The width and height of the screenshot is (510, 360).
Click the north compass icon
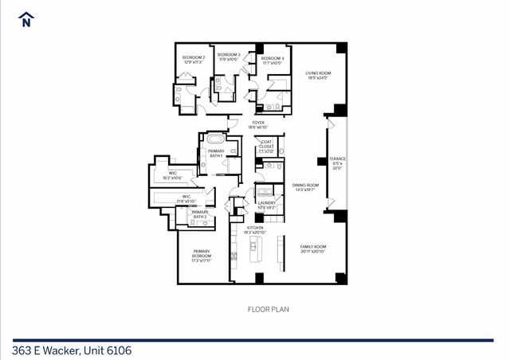click(x=26, y=18)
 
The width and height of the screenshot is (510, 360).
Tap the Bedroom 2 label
click(x=194, y=60)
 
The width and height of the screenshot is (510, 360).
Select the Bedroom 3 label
click(x=229, y=57)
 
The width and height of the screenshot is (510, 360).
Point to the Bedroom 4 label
click(x=273, y=60)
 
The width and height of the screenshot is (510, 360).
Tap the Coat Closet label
click(x=266, y=147)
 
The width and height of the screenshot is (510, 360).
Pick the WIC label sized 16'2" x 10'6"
click(x=172, y=175)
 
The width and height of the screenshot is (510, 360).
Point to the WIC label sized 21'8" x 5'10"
click(x=186, y=199)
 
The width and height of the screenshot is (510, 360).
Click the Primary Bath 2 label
click(x=198, y=214)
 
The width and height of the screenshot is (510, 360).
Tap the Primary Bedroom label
click(x=201, y=256)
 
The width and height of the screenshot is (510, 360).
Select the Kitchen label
click(x=255, y=230)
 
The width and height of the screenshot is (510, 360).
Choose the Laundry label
click(x=266, y=205)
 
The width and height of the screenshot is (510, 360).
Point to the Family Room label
click(x=312, y=249)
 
